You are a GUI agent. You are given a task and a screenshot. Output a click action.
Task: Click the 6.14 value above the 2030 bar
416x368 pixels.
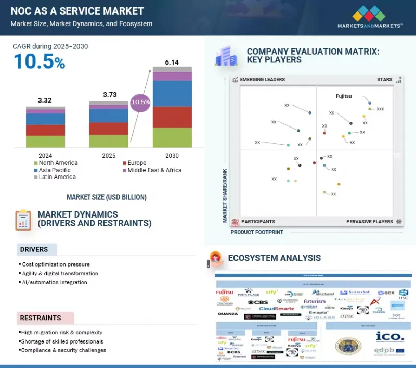point(172,62)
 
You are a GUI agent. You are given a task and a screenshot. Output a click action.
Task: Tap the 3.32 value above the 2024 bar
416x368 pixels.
point(45,100)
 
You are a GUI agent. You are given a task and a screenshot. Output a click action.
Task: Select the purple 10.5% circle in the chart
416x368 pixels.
point(140,102)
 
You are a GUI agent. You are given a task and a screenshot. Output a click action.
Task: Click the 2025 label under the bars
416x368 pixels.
point(109,155)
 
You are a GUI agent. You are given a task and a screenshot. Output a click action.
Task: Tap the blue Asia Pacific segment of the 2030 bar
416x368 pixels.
point(172,94)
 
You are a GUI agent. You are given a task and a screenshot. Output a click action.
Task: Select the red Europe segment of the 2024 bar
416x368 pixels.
point(45,130)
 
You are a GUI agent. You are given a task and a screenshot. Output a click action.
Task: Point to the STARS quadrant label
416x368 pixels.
point(384,80)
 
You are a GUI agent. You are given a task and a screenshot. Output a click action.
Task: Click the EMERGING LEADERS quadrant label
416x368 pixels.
point(262,80)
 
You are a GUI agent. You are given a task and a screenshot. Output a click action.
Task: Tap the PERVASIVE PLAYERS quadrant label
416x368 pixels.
point(370,222)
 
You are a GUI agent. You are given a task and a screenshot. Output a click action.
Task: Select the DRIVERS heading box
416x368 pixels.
point(36,250)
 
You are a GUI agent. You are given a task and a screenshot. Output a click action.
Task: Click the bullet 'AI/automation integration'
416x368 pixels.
point(55,282)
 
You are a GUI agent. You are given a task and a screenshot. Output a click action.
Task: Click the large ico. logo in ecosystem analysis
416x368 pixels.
point(389,336)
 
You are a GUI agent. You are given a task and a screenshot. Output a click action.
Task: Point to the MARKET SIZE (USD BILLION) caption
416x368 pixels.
point(106,197)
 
